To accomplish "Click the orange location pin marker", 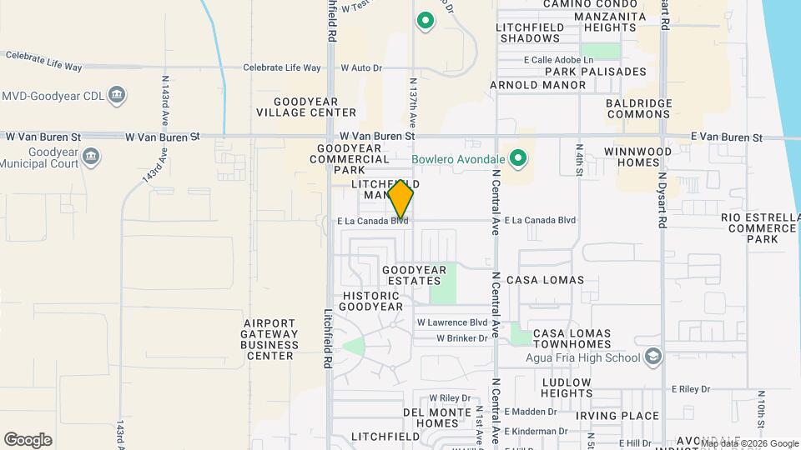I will [x=400, y=199].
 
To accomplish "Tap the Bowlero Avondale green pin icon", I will [x=518, y=157].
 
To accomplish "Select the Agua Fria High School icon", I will [x=653, y=357].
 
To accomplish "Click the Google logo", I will [x=28, y=440].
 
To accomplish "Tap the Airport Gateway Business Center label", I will [x=271, y=338].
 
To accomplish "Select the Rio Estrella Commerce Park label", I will [x=759, y=227].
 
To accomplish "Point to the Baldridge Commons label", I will [x=638, y=108].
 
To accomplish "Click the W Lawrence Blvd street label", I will [x=452, y=322].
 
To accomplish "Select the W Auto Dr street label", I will [x=361, y=67].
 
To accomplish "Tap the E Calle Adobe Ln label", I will [x=558, y=60].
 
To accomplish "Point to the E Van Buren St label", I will [x=726, y=137].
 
